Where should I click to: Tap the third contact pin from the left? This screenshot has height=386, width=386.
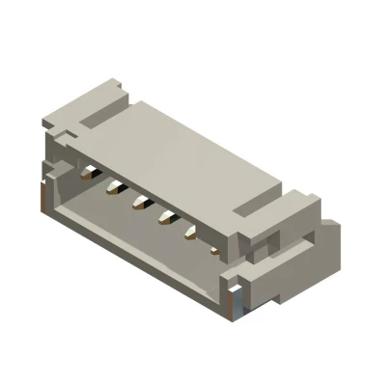[140, 201]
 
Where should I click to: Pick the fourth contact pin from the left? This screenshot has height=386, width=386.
[166, 214]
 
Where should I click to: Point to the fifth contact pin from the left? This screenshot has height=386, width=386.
[191, 229]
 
